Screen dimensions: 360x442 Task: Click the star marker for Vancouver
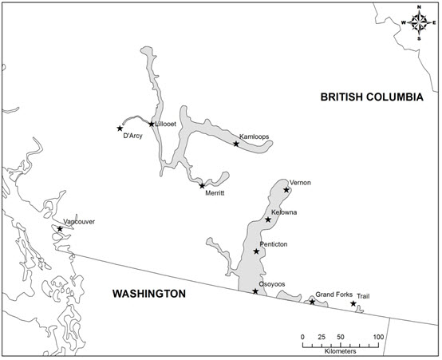click(60, 229)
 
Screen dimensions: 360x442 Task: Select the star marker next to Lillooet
click(151, 124)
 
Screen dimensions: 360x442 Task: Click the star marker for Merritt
click(202, 185)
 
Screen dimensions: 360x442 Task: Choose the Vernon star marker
click(286, 189)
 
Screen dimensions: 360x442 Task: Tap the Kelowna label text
click(284, 212)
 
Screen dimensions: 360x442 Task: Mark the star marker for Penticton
click(257, 251)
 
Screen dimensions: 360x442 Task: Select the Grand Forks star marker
click(312, 302)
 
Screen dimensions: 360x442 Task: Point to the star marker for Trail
click(353, 303)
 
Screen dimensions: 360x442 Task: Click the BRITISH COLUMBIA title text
click(372, 97)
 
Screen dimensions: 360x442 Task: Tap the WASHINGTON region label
click(149, 294)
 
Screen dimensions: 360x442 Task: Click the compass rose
click(419, 22)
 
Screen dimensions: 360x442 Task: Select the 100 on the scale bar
click(378, 337)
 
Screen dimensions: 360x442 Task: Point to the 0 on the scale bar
click(303, 337)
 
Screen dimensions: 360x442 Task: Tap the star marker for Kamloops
click(236, 144)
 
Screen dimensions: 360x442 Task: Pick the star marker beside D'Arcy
click(120, 128)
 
